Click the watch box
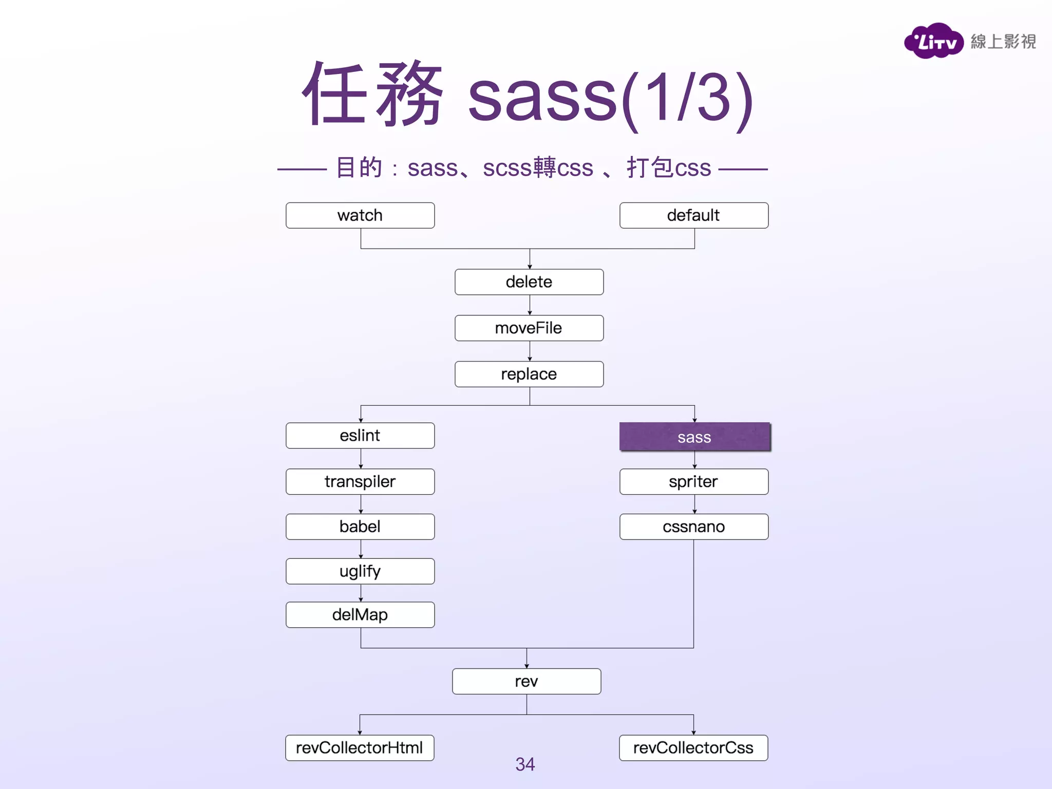pos(360,215)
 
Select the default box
pos(693,215)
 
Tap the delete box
pos(529,282)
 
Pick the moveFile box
pos(529,328)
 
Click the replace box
pos(529,374)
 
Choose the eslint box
pos(360,436)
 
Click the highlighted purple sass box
pos(694,437)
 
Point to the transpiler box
pos(360,482)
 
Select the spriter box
pos(693,482)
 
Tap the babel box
pos(360,527)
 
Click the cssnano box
pos(693,527)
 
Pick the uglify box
pos(360,571)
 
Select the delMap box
pos(360,615)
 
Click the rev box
pos(527,682)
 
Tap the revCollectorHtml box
pos(360,748)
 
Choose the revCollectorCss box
pos(693,748)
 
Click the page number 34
pos(525,764)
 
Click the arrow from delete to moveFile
pos(530,305)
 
